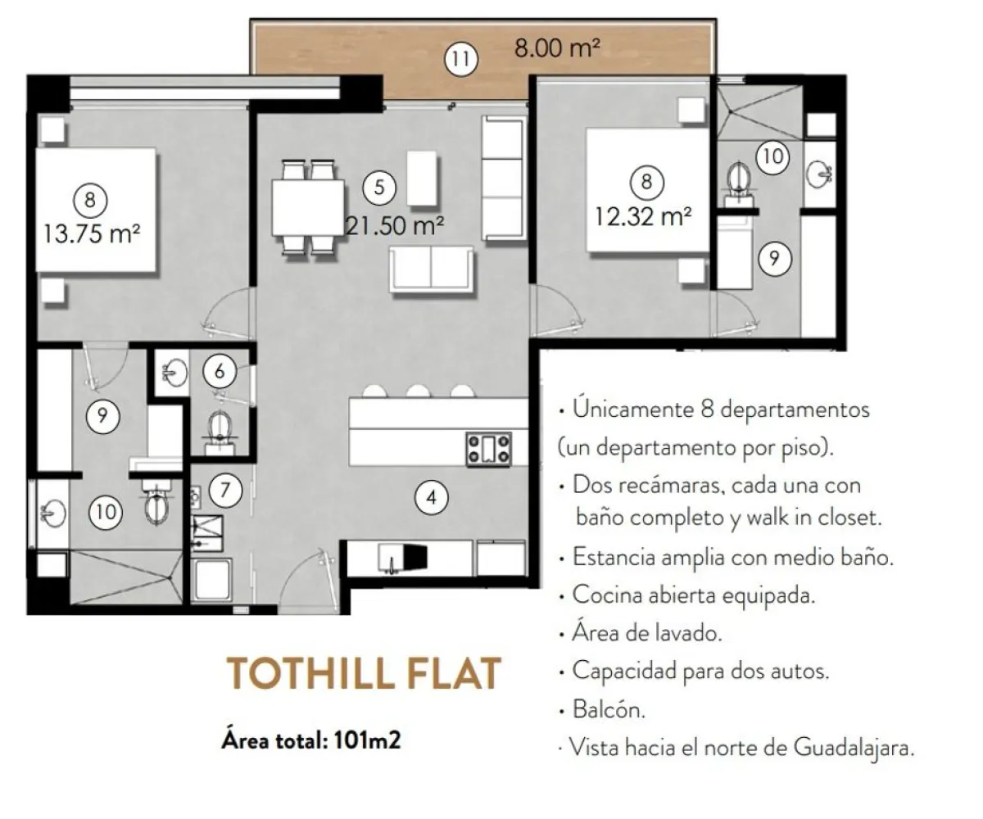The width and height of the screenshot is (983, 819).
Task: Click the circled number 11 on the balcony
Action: (x=461, y=59)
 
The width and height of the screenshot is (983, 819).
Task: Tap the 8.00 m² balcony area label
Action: (x=557, y=48)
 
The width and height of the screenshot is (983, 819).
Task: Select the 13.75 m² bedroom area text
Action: (x=92, y=233)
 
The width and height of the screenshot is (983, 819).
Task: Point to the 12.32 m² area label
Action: (x=643, y=216)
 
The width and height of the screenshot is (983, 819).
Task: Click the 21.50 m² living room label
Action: (x=395, y=225)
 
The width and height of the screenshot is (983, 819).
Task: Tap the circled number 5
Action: (x=379, y=188)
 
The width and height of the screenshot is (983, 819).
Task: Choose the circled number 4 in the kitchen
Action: (x=431, y=497)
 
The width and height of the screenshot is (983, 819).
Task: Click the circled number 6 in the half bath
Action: (x=220, y=371)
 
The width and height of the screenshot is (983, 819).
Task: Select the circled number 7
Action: (x=225, y=490)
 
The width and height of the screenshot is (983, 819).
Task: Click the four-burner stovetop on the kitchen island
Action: (x=489, y=449)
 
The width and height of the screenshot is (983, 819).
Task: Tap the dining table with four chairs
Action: (x=308, y=207)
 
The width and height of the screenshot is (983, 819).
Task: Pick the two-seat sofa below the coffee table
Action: (x=431, y=269)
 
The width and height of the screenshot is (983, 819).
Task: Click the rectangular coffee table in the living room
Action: (x=421, y=178)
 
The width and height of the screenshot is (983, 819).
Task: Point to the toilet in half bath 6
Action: (x=220, y=432)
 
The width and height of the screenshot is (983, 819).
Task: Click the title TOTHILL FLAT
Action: (x=364, y=674)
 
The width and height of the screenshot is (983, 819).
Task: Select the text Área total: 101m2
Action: (x=311, y=740)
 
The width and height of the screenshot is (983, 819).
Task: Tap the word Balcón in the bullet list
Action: (x=609, y=709)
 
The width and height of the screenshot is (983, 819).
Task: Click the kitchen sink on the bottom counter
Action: (x=392, y=559)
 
